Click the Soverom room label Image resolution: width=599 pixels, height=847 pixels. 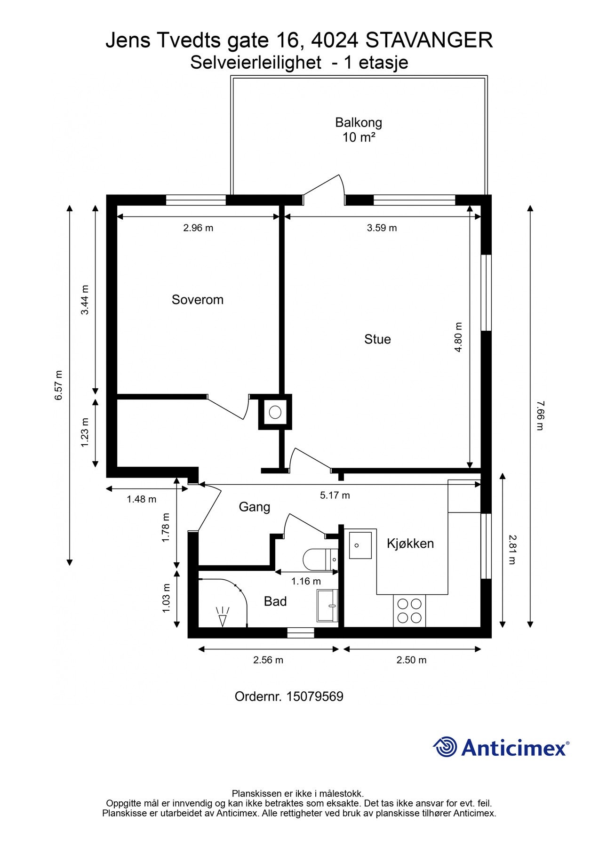tap(197, 300)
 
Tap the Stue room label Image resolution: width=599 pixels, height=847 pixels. tap(377, 339)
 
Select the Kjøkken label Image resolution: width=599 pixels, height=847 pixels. tap(410, 543)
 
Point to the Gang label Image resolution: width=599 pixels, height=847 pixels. tap(254, 507)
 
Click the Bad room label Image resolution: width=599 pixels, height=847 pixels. tap(275, 601)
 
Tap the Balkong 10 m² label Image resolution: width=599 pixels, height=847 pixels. tap(358, 130)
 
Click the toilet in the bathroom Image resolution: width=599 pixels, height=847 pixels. tap(320, 559)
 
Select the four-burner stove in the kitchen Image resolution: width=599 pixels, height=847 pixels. tap(409, 610)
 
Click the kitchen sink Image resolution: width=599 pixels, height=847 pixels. tap(360, 545)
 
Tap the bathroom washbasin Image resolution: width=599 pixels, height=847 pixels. tap(327, 606)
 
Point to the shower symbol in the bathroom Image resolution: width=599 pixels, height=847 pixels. tap(223, 616)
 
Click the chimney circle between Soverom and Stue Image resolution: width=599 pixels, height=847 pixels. tap(275, 412)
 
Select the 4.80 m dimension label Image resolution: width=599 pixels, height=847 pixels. tap(459, 337)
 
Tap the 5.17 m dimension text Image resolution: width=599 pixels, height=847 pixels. tap(335, 495)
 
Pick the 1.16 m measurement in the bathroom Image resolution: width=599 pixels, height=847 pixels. tap(306, 581)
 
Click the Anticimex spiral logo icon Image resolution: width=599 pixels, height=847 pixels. tap(445, 747)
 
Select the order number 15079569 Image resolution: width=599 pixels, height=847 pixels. tap(314, 697)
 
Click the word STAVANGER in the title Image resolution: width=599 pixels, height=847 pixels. tap(429, 40)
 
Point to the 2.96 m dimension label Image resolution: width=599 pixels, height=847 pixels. tap(198, 228)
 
